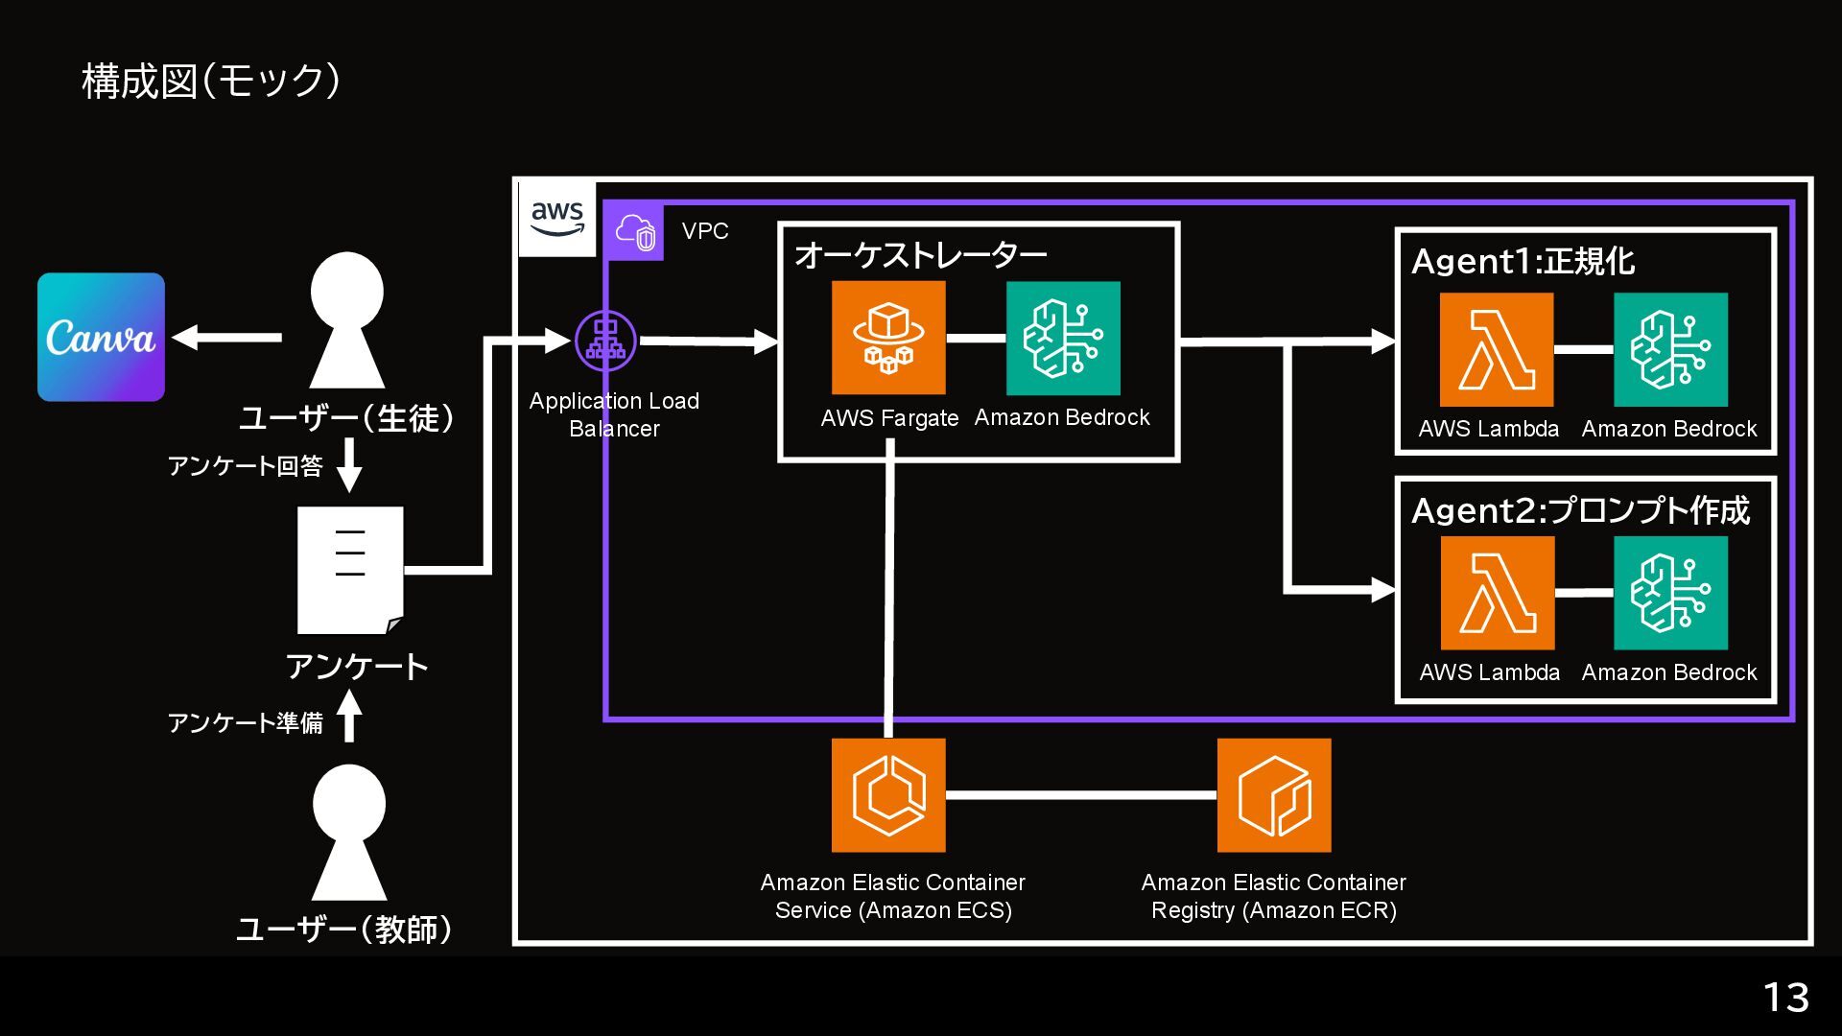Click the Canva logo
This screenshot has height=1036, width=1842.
pyautogui.click(x=101, y=337)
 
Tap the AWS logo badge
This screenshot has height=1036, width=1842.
pyautogui.click(x=557, y=219)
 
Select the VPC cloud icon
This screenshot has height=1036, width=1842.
pyautogui.click(x=635, y=232)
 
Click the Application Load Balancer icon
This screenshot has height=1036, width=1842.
pyautogui.click(x=605, y=341)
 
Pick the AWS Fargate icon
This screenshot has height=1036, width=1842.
pyautogui.click(x=888, y=338)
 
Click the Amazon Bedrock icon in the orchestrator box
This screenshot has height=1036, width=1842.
pyautogui.click(x=1063, y=338)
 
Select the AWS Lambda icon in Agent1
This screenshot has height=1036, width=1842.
pyautogui.click(x=1497, y=349)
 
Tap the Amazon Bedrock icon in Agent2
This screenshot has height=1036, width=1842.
pyautogui.click(x=1670, y=593)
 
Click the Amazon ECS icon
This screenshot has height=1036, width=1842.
pyautogui.click(x=888, y=795)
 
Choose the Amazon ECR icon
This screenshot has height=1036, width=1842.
pyautogui.click(x=1274, y=795)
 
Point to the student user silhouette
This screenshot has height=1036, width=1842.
pyautogui.click(x=347, y=319)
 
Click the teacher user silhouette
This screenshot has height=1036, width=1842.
pyautogui.click(x=349, y=832)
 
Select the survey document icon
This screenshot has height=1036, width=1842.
pyautogui.click(x=350, y=570)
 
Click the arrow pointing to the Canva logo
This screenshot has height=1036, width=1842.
pyautogui.click(x=227, y=337)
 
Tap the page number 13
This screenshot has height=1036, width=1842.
pyautogui.click(x=1785, y=998)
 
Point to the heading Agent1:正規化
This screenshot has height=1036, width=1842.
pyautogui.click(x=1523, y=261)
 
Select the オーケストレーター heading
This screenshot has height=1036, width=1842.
pyautogui.click(x=920, y=254)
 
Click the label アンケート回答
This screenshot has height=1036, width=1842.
pyautogui.click(x=246, y=466)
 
